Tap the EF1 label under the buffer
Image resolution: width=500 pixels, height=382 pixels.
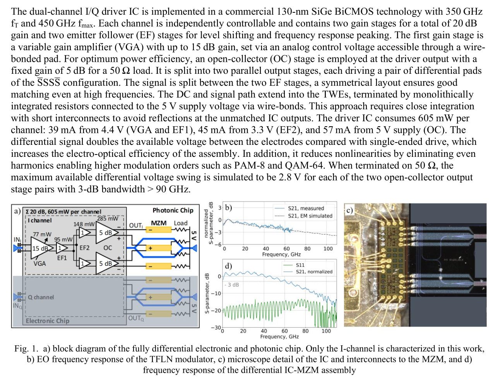(x=62, y=258)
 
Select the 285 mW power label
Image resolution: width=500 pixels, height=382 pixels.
(x=108, y=219)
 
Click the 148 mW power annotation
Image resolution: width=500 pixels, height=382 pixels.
(x=84, y=224)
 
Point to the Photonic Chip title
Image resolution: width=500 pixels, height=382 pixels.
(x=173, y=211)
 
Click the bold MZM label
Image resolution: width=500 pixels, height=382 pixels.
(x=159, y=223)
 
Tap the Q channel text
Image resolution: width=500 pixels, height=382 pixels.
(x=41, y=297)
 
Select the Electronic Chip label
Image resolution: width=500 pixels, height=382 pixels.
(x=48, y=321)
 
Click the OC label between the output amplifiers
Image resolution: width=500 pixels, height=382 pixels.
(x=108, y=248)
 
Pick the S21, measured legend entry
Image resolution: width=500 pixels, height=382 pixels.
(x=306, y=208)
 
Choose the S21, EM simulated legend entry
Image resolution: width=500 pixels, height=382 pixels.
(x=310, y=216)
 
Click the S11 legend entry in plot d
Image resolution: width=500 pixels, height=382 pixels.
(x=300, y=265)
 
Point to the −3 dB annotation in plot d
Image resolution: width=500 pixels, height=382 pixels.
(x=232, y=285)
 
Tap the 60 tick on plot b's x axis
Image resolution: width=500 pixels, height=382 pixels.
(x=286, y=249)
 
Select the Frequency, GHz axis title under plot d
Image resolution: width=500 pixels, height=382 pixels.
(x=279, y=336)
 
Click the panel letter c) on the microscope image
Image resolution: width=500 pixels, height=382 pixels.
(x=349, y=210)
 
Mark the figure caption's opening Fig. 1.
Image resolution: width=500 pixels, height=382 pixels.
(x=26, y=349)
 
